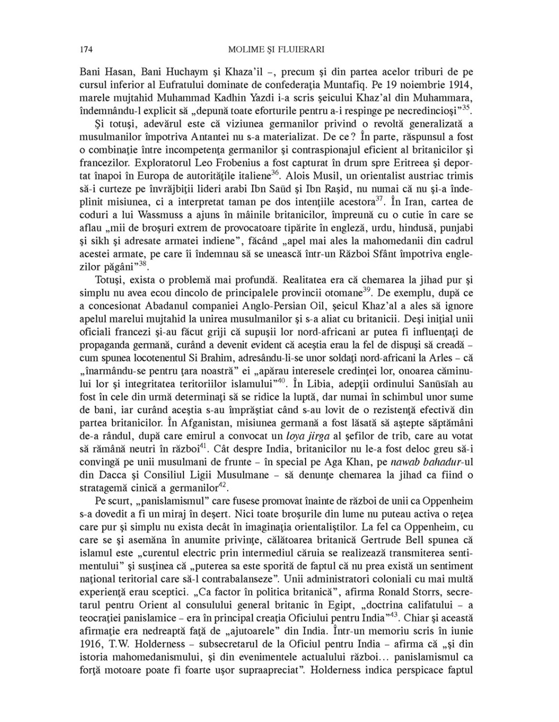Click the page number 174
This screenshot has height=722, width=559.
(x=85, y=50)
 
